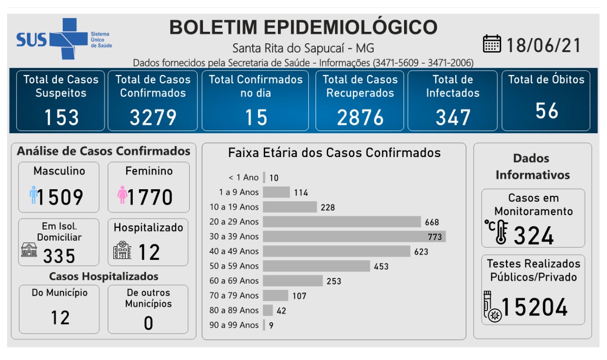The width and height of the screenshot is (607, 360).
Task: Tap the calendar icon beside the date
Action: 492,44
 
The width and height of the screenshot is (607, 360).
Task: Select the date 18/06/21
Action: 544,46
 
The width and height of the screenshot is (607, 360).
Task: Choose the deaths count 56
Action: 547,111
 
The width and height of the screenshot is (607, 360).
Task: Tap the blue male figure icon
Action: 33,195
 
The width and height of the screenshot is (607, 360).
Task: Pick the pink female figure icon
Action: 122,195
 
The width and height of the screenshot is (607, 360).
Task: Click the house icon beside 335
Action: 29,249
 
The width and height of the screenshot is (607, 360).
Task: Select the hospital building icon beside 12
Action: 122,250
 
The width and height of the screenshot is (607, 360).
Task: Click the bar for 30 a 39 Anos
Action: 354,236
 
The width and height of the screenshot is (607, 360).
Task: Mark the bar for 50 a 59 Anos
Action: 316,266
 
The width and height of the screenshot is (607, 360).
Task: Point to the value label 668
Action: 432,222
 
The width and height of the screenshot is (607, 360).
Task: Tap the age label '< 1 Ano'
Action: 244,177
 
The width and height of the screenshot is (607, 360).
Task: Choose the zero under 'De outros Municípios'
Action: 148,323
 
